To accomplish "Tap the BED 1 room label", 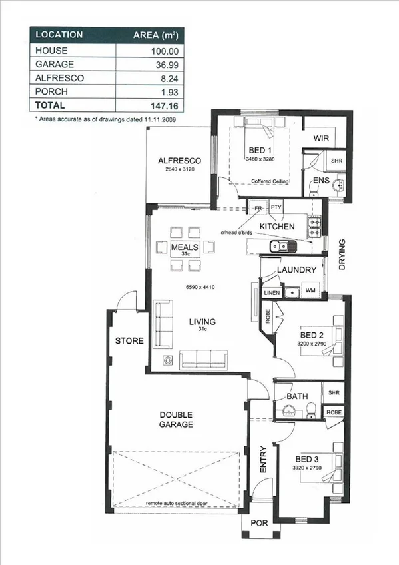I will pos(260,149).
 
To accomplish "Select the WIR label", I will pos(322,138).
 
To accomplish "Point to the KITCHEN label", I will pos(277,227).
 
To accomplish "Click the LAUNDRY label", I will pos(296,269).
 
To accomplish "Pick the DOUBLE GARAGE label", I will pos(176,419).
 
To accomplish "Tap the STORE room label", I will pos(129,340).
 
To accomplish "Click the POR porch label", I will pos(258,523).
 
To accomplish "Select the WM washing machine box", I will pos(310,291).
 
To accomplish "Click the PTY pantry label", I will pos(276,207).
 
